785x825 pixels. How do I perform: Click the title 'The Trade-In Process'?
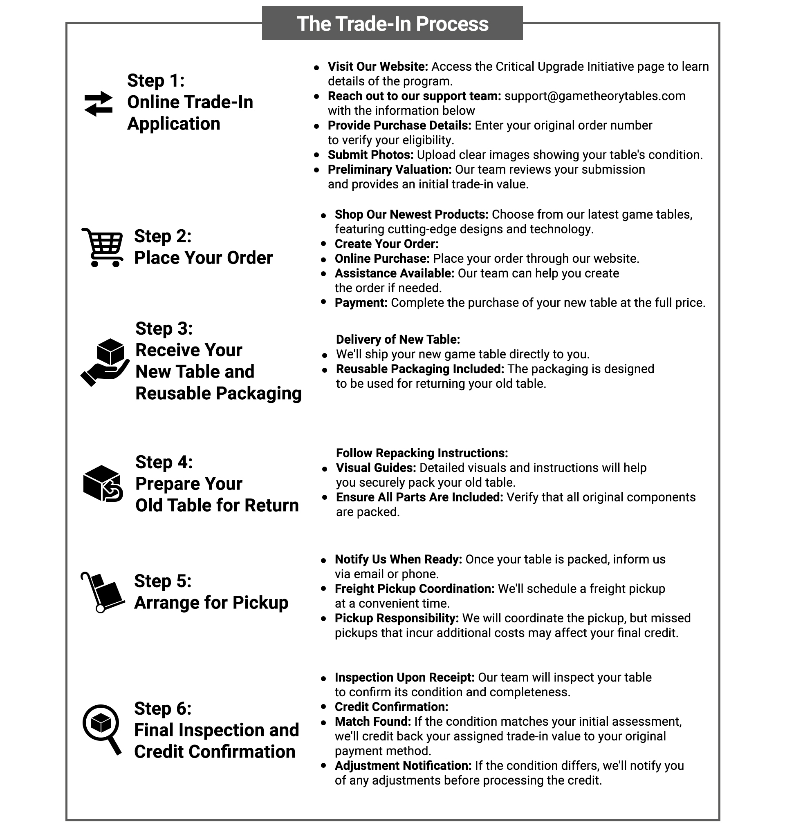click(x=392, y=24)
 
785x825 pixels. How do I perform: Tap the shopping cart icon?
click(x=103, y=247)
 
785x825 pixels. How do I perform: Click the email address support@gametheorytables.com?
click(x=594, y=96)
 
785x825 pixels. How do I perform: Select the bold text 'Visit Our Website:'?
click(x=377, y=67)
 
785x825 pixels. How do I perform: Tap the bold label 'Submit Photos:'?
click(x=370, y=155)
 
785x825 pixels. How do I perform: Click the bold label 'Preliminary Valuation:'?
click(x=389, y=170)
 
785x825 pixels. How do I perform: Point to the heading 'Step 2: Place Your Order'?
click(x=203, y=247)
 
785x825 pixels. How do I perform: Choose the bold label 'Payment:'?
click(x=361, y=303)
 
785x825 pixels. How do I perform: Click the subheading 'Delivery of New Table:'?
click(x=397, y=340)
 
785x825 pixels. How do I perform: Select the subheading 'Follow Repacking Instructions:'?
click(x=422, y=453)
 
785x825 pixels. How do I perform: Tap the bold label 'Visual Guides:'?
click(x=376, y=468)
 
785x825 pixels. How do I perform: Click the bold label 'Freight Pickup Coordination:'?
click(x=414, y=589)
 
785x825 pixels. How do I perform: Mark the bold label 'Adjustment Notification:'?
click(x=403, y=766)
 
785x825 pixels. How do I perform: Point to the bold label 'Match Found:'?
click(x=372, y=721)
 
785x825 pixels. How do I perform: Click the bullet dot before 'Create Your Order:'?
click(x=323, y=244)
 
